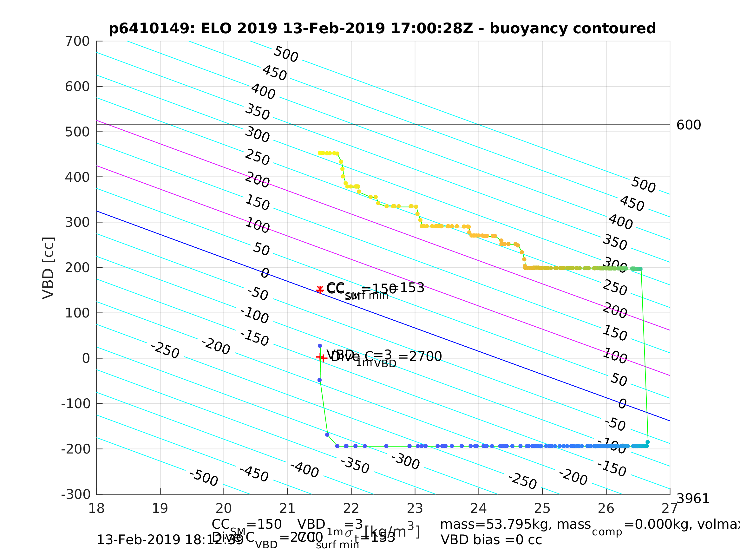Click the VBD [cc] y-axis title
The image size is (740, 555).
pos(48,268)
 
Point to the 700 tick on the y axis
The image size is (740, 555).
pos(77,42)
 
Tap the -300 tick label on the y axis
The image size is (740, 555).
pos(76,494)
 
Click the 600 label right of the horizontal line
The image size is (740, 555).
pos(689,125)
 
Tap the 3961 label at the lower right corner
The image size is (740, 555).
pos(693,499)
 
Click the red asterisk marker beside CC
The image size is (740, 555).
pos(320,289)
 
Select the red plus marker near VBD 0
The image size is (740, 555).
pos(321,358)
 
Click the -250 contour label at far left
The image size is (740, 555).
pos(165,350)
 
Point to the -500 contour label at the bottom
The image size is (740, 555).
pos(203,478)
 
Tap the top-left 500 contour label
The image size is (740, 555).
pos(286,54)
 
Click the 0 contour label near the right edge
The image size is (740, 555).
pos(622,404)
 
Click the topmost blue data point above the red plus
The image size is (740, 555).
pos(320,346)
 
